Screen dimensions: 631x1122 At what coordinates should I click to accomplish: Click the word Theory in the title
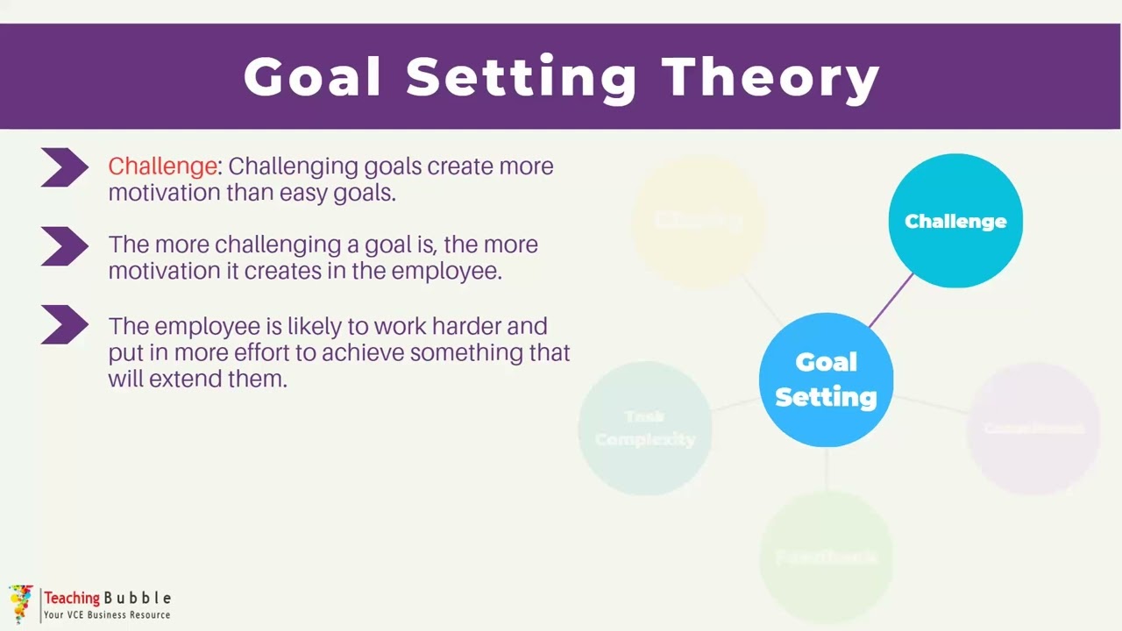click(770, 77)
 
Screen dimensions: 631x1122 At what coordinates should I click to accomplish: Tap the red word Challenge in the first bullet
click(162, 166)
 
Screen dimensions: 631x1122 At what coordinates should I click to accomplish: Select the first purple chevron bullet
click(64, 167)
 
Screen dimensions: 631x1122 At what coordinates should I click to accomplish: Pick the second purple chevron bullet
click(64, 246)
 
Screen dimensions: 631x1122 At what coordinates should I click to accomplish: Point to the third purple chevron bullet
click(64, 325)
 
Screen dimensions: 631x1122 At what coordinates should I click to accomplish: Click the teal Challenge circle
click(955, 221)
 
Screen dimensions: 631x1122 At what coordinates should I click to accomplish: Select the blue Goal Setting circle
click(826, 379)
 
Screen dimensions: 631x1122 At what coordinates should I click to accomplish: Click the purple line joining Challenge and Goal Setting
click(891, 300)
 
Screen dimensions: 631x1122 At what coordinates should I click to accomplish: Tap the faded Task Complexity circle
click(645, 428)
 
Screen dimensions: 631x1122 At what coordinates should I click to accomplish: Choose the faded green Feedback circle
click(826, 557)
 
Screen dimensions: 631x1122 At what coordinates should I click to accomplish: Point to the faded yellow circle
click(699, 220)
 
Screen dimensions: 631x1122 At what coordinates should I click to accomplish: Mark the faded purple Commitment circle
click(1033, 428)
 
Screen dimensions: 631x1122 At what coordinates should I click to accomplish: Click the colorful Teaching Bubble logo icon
click(21, 603)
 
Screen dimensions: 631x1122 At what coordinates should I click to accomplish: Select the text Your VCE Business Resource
click(107, 615)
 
